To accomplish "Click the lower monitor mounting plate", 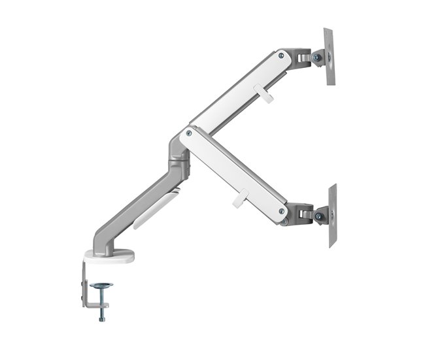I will pyautogui.click(x=332, y=215).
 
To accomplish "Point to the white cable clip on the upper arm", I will pyautogui.click(x=267, y=95).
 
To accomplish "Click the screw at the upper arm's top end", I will pyautogui.click(x=282, y=56).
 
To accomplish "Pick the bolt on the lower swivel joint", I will pyautogui.click(x=318, y=216).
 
